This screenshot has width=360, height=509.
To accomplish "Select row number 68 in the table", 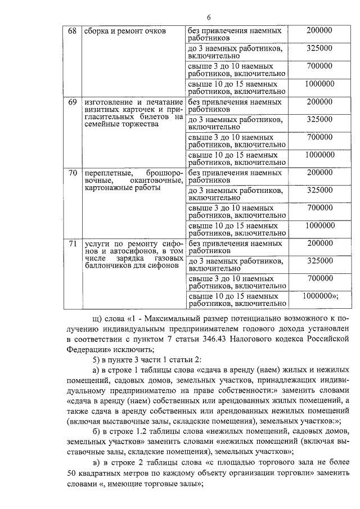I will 72,30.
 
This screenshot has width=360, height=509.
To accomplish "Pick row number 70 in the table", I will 72,172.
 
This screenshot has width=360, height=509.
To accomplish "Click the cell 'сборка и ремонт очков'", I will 125,31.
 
